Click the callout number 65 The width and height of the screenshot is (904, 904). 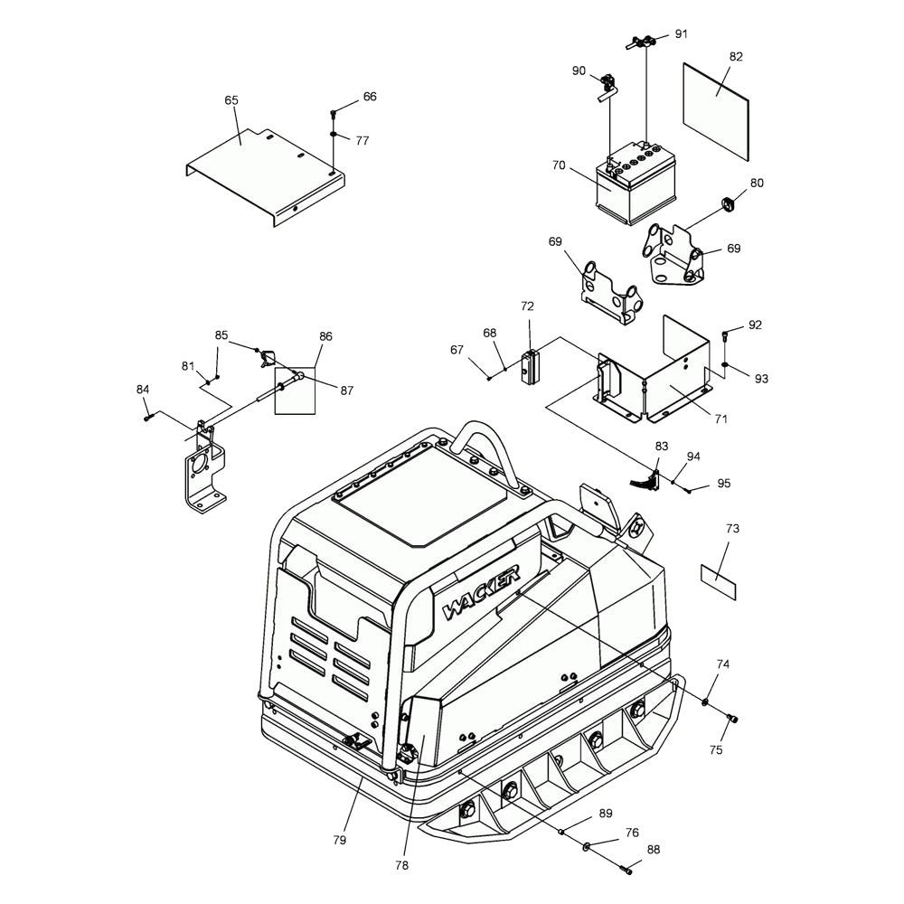point(231,100)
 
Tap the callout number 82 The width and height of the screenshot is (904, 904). point(736,56)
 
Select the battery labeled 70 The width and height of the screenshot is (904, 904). point(636,182)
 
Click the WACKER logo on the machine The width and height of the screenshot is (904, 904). point(482,591)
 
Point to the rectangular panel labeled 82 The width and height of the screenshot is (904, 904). point(715,111)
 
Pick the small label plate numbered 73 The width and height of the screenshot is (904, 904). point(719,583)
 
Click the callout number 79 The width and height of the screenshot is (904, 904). point(340,840)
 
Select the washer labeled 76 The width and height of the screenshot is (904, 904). point(587,846)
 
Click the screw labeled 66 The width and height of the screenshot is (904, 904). point(334,113)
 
